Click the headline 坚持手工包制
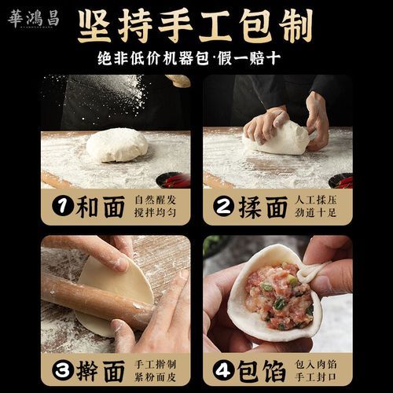point(194,27)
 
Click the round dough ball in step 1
point(116,145)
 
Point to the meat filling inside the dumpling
point(278,299)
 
